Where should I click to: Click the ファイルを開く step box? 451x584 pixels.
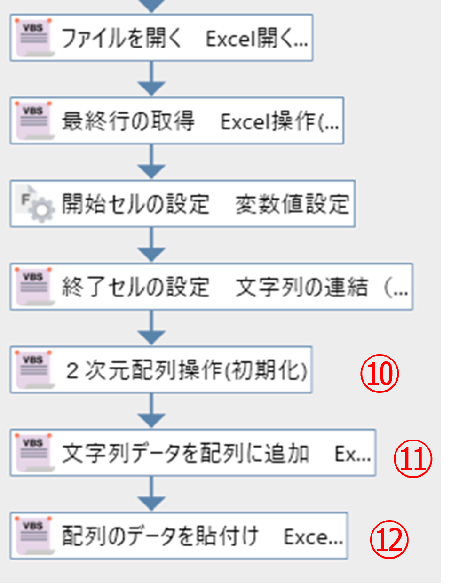pos(162,38)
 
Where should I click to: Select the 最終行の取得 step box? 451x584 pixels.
pos(177,120)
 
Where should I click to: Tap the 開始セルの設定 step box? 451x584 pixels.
pos(182,204)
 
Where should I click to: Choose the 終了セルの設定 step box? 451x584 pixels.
pos(212,287)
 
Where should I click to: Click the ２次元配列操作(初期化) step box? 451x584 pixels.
pos(161,370)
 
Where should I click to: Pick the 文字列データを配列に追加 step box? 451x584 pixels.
pos(193,453)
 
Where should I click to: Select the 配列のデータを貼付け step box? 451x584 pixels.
pos(179,536)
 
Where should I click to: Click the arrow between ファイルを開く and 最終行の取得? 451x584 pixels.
pos(151,79)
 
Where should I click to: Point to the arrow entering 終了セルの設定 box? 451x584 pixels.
pos(151,245)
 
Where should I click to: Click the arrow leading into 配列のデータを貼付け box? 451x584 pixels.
pos(151,494)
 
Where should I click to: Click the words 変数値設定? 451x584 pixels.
pos(293,204)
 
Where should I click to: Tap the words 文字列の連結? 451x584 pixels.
pos(301,287)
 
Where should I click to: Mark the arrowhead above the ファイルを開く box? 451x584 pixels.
pos(151,5)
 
